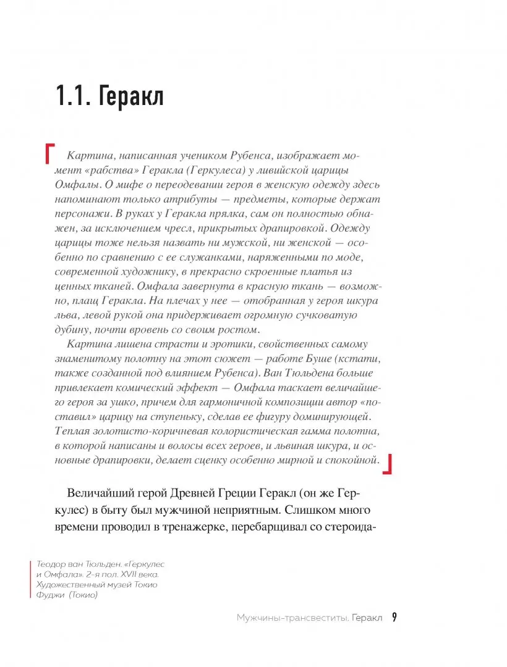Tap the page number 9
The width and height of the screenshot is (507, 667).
coord(394,617)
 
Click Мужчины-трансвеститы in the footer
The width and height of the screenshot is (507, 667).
coord(288,618)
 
